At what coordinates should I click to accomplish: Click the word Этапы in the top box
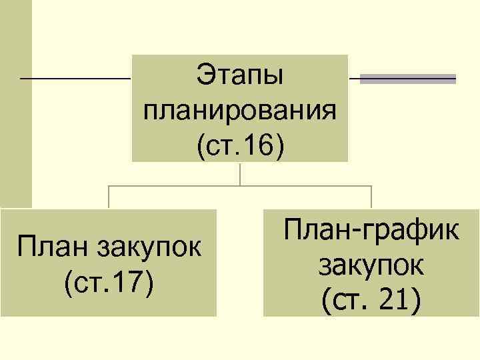coord(240,75)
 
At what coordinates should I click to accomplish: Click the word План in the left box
coord(55,248)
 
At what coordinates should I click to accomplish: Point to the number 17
coord(129,282)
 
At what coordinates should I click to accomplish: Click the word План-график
coord(371,231)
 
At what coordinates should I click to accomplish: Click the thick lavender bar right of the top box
coord(407,78)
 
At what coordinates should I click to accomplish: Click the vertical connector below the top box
coord(240,173)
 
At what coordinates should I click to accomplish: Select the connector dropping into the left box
coord(109,197)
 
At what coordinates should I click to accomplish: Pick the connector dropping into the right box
coord(371,197)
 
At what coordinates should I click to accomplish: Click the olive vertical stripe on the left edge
coord(15,100)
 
